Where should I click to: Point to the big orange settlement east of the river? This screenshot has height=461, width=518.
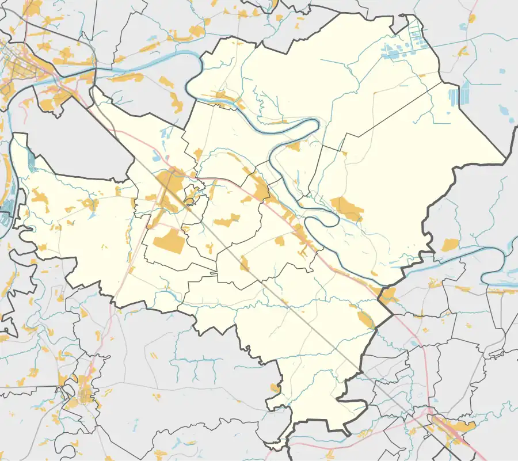point(348,208)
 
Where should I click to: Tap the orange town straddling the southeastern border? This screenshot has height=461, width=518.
point(387,296)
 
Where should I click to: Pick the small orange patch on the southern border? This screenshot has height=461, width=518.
point(275,388)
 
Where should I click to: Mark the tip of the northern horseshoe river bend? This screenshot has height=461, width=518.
point(315,126)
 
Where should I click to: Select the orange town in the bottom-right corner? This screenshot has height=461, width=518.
point(455,426)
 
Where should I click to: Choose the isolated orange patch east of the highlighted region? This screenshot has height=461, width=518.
point(450,245)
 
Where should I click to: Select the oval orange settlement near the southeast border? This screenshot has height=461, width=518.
point(365,319)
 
